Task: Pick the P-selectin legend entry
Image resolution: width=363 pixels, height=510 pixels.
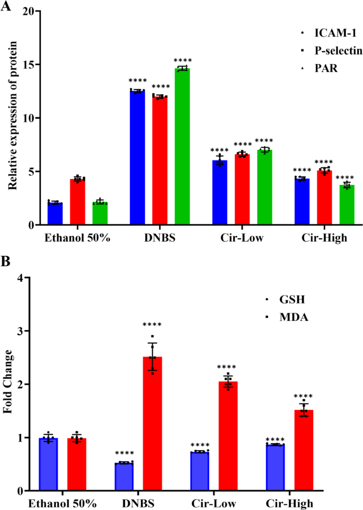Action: click(335, 50)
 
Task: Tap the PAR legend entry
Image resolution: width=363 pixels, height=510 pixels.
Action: click(324, 68)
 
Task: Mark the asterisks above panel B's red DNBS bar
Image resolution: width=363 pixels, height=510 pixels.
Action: click(152, 325)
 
